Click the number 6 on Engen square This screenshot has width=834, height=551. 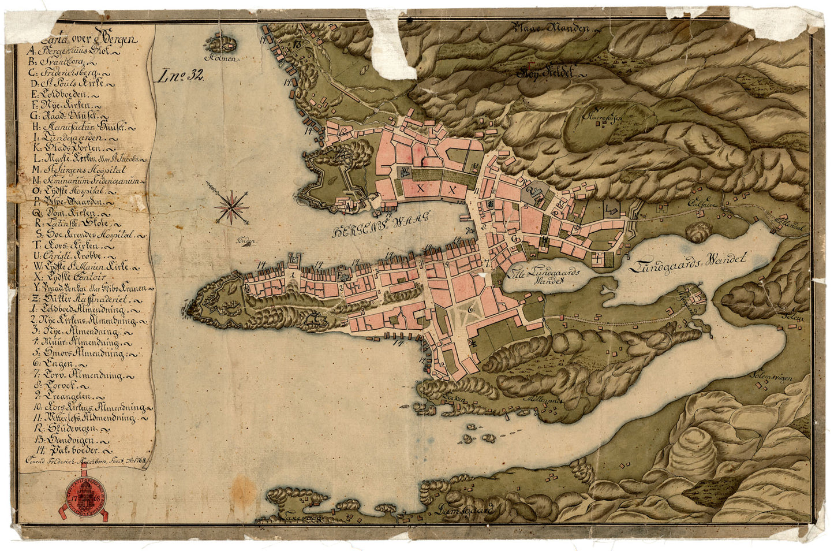(x=472, y=309)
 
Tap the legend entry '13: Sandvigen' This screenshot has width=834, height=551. (x=66, y=440)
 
